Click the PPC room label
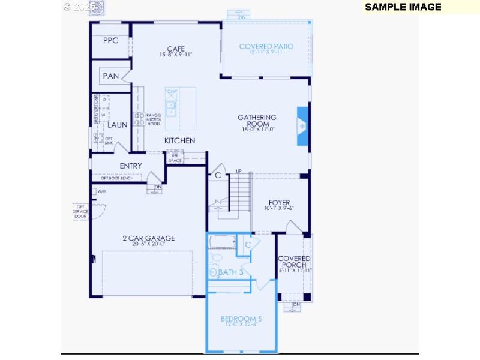[x=110, y=41]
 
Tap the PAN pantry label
[x=111, y=76]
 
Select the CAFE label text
[x=176, y=49]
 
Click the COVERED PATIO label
[x=266, y=47]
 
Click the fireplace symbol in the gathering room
[x=302, y=126]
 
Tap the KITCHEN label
[x=180, y=140]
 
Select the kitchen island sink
[x=171, y=108]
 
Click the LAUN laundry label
[x=118, y=125]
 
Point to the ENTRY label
[x=131, y=166]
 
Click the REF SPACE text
[x=175, y=158]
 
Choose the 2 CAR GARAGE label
[x=144, y=238]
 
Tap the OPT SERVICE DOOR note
[x=80, y=211]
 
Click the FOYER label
[x=279, y=203]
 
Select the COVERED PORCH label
[x=294, y=262]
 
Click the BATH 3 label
[x=230, y=272]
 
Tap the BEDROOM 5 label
[x=241, y=319]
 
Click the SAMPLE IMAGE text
[x=403, y=7]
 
